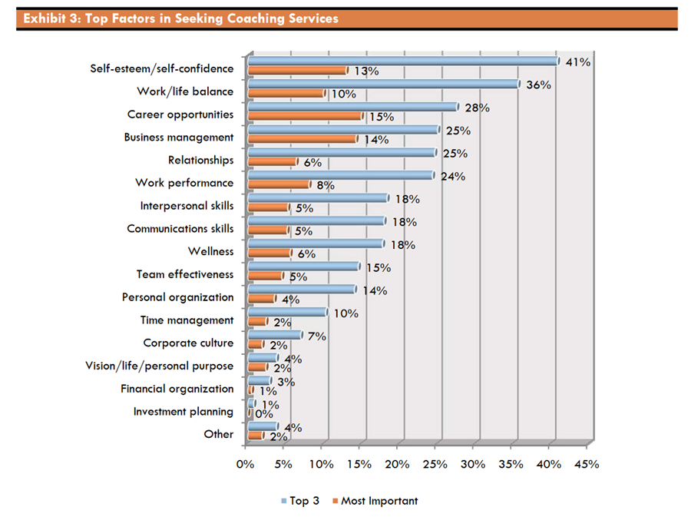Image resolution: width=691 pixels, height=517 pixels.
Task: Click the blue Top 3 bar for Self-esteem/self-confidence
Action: tap(403, 61)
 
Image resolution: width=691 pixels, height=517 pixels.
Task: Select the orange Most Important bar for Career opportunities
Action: tap(306, 116)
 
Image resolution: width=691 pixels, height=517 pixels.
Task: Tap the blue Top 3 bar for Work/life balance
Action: tap(384, 85)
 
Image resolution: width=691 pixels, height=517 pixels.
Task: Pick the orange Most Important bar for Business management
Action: tap(303, 139)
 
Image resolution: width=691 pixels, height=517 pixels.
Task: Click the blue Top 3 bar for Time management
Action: tap(287, 313)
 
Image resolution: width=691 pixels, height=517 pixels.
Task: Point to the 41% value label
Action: tap(577, 62)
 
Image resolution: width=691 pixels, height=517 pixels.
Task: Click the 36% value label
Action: tap(539, 85)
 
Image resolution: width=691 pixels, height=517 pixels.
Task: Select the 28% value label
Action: tap(478, 108)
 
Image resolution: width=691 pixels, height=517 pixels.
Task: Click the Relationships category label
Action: tap(200, 161)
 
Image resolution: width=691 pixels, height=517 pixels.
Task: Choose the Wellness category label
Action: tap(210, 251)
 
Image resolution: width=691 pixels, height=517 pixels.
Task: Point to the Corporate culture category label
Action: tap(188, 343)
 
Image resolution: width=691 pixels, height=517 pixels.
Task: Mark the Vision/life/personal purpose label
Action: tap(159, 366)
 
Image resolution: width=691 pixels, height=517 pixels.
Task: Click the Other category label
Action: tap(219, 434)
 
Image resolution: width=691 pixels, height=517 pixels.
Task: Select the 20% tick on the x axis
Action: tap(397, 464)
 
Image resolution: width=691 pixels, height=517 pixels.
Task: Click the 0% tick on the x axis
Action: tap(245, 464)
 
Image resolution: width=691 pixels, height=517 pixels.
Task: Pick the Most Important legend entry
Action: tap(379, 501)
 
